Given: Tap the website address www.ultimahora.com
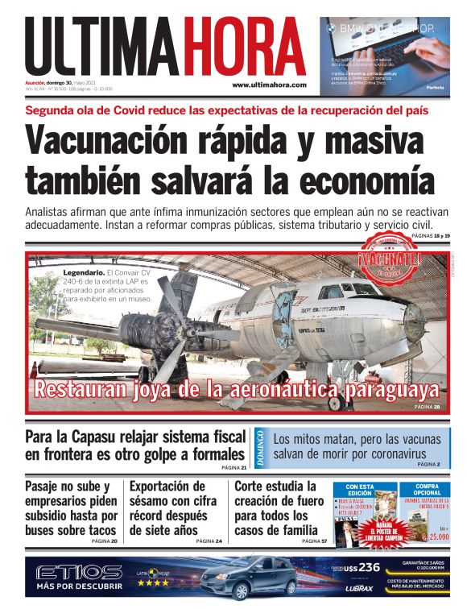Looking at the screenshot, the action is click(269, 85).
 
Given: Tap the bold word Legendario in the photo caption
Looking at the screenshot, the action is click(83, 274).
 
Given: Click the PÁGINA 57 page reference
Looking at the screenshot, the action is click(313, 541).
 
